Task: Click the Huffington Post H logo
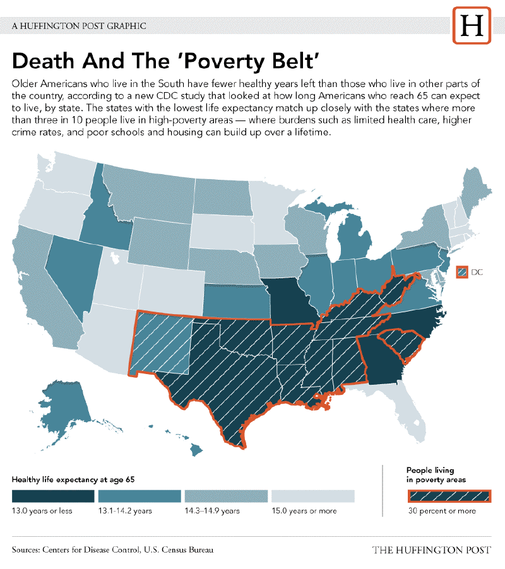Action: (x=472, y=26)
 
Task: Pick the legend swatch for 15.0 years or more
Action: (x=312, y=496)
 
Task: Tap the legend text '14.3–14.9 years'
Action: (x=211, y=511)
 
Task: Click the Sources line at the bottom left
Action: (x=112, y=549)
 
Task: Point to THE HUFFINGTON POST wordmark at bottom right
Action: (x=431, y=550)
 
